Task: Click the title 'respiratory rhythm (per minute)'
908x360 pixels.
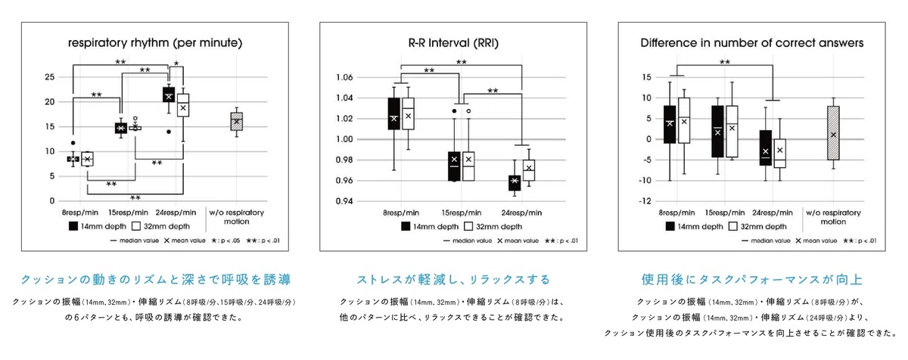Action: [155, 43]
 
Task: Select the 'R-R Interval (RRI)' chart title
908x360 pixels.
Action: [453, 43]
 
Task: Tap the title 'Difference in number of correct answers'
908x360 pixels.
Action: [752, 43]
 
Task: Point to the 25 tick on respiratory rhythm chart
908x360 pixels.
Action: [49, 77]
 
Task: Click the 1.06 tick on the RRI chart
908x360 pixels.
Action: [344, 77]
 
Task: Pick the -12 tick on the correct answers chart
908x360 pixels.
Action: [645, 201]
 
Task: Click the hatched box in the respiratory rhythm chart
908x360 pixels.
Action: [237, 122]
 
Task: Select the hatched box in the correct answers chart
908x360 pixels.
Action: [833, 133]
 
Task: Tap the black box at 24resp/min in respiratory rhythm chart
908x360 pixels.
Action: [169, 95]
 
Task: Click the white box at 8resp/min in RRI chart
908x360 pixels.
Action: [408, 113]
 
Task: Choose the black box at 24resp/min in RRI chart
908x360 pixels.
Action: [515, 183]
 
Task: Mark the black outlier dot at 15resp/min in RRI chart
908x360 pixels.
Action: [455, 111]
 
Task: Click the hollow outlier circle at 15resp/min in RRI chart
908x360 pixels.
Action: [468, 111]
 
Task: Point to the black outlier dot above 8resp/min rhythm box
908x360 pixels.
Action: [73, 143]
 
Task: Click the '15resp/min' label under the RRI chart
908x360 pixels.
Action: [462, 213]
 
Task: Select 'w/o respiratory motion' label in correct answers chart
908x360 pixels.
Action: [833, 217]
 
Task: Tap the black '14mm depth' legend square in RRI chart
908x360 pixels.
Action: [406, 226]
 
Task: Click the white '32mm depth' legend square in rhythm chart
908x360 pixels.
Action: [136, 226]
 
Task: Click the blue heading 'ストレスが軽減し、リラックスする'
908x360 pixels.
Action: [453, 279]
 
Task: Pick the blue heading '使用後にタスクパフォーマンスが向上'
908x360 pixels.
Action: [751, 279]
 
